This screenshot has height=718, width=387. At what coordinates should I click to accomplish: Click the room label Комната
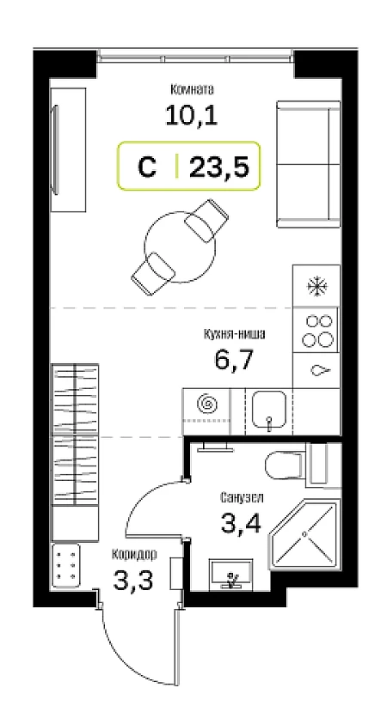point(192,89)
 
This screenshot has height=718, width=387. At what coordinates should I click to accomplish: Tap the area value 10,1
point(192,115)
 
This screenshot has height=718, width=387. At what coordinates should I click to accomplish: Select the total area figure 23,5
point(219,167)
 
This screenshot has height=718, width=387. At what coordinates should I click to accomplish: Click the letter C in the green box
point(147,167)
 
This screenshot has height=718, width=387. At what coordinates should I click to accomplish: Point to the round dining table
point(181,246)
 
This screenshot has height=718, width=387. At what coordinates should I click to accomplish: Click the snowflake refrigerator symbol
point(316,286)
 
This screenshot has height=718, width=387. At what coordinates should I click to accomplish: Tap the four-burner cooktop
point(316,330)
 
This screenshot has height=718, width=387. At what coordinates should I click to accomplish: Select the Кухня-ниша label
point(234,335)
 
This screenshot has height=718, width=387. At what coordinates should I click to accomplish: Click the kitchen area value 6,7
point(233,360)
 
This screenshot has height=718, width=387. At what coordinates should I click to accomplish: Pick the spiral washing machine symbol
point(206,404)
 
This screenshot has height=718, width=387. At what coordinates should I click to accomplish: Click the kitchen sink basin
point(269,409)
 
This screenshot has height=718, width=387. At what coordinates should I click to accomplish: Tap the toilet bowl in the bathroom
point(284,465)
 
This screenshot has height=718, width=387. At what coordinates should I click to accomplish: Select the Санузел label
point(242,497)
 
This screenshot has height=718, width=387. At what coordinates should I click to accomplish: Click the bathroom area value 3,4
point(241,523)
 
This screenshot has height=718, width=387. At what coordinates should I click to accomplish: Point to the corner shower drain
point(304,534)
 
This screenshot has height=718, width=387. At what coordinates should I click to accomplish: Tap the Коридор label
point(134,555)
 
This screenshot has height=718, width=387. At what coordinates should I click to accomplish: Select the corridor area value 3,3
point(133,581)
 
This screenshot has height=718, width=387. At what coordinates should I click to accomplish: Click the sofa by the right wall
point(308,164)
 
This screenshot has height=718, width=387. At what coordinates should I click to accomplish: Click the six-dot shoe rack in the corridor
point(66,565)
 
